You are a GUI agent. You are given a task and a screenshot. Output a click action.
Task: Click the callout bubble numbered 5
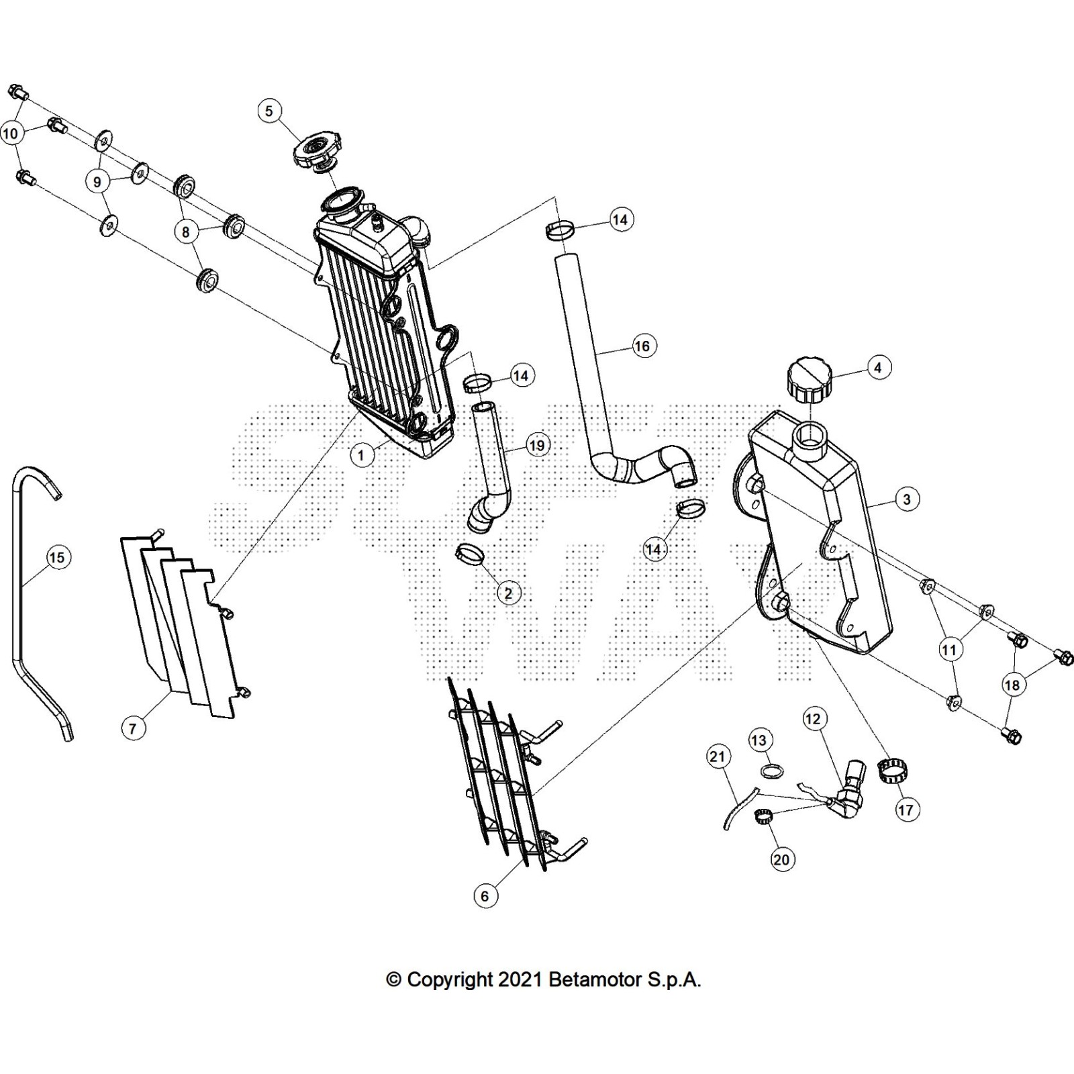(269, 111)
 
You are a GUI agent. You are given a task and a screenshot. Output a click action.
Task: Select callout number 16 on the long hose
(642, 346)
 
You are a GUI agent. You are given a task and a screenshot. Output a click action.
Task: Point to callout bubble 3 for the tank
(907, 499)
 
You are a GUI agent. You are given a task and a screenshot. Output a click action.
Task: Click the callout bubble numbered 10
(11, 134)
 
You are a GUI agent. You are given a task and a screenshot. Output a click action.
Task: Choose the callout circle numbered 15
(57, 557)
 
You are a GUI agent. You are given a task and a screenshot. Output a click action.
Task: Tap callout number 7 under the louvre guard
(133, 728)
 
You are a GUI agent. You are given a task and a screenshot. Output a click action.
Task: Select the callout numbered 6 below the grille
(485, 895)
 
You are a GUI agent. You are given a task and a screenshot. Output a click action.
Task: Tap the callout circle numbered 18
(1012, 685)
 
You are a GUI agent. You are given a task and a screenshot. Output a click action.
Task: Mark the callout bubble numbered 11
(948, 650)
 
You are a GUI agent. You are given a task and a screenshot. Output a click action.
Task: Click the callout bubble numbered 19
(537, 445)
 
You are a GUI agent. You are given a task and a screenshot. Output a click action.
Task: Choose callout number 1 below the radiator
(361, 455)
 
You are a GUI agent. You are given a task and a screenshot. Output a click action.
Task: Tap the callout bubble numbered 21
(718, 757)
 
